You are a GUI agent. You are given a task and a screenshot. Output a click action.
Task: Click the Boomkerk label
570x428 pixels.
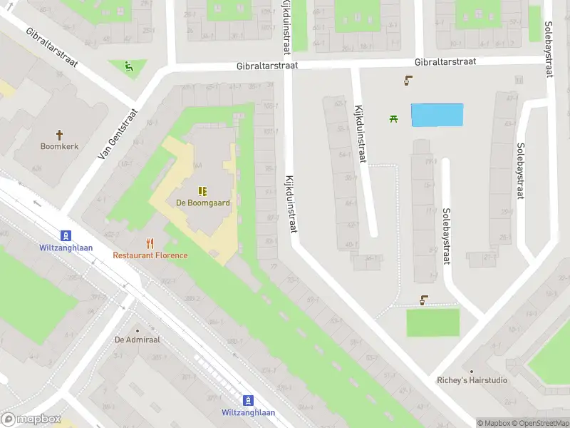click(x=60, y=146)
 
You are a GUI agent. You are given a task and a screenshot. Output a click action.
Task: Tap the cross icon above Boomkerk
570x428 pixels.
click(x=60, y=133)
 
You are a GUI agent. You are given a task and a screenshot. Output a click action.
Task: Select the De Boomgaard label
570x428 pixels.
click(x=203, y=203)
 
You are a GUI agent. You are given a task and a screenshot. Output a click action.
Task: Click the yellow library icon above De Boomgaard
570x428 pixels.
click(x=203, y=190)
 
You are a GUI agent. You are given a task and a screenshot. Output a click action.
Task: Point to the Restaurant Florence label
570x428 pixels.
click(x=150, y=255)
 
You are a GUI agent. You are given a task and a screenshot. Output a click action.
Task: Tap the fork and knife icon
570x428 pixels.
click(x=150, y=243)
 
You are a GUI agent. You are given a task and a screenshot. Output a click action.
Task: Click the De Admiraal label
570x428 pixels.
click(x=138, y=340)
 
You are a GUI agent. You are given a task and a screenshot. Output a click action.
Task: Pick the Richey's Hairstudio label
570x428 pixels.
click(x=472, y=380)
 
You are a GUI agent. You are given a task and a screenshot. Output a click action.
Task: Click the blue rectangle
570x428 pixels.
click(x=437, y=115)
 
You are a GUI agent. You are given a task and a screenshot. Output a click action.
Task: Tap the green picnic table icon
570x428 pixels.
click(x=393, y=118)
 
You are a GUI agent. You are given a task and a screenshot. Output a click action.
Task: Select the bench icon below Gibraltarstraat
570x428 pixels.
click(x=408, y=81)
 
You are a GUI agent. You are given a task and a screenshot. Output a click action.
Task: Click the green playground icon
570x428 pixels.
click(x=129, y=68)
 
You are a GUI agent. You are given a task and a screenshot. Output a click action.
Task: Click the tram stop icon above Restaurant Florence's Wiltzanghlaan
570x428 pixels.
click(x=66, y=235)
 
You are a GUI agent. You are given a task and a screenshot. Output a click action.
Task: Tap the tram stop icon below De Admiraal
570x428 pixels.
click(x=248, y=400)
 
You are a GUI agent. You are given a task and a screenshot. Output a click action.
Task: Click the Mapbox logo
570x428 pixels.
click(x=31, y=419)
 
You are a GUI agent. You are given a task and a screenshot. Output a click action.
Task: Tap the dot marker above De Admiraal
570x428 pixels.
click(x=137, y=330)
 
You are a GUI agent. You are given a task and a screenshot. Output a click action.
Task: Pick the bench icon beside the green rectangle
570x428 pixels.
click(x=424, y=300)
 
